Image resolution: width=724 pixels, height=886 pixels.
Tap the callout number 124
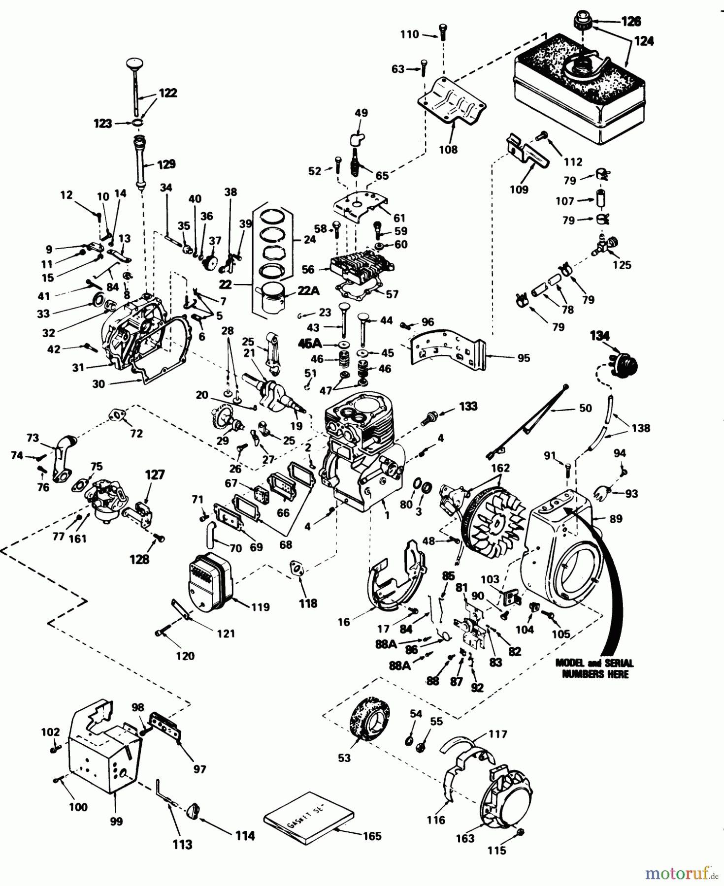(644, 41)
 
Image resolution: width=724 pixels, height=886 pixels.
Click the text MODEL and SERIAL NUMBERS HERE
(594, 669)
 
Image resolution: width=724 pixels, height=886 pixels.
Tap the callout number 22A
(308, 291)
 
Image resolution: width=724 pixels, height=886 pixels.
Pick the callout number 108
(448, 150)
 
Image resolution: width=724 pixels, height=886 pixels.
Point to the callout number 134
(599, 336)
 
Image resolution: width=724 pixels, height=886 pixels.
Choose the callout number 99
(116, 822)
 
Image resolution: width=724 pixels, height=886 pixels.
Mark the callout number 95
(524, 358)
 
